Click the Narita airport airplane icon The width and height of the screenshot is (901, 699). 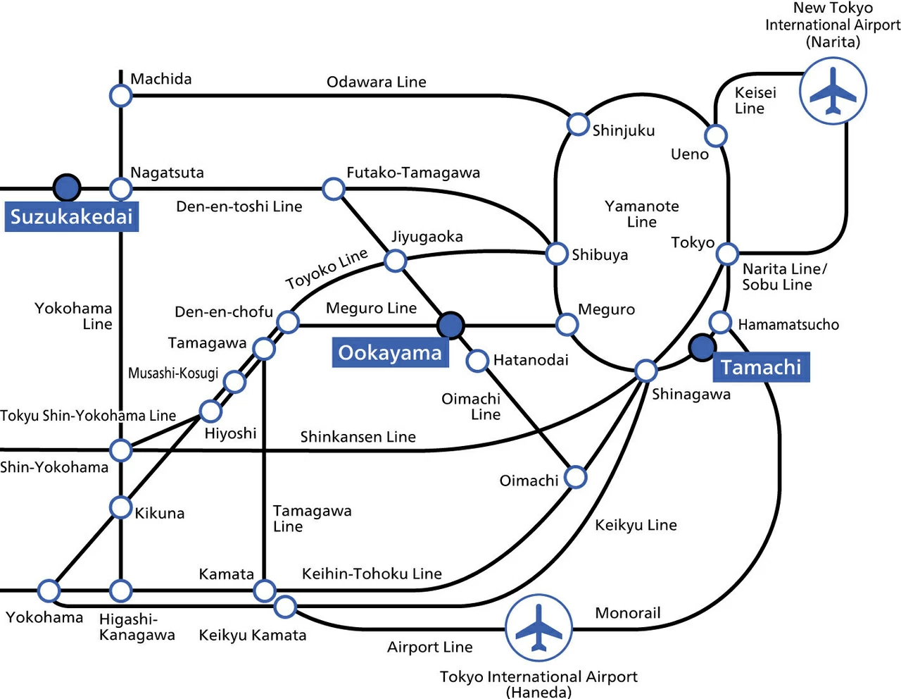[x=833, y=91]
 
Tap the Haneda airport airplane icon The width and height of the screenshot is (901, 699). [x=538, y=628]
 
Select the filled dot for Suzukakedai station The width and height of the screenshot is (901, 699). [x=67, y=187]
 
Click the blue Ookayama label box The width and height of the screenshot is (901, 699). [x=390, y=352]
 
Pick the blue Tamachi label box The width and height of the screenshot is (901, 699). [x=761, y=367]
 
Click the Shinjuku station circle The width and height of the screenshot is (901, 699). [x=578, y=124]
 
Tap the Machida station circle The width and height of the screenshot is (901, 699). [x=120, y=96]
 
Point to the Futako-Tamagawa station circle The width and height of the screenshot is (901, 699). [x=334, y=189]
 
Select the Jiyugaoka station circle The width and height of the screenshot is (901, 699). [x=395, y=261]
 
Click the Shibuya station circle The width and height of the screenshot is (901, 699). [x=557, y=254]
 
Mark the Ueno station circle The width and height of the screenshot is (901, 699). [x=716, y=135]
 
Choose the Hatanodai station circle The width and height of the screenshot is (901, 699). [x=477, y=360]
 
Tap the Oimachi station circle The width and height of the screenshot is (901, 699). [x=576, y=477]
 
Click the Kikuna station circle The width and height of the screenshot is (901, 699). [x=120, y=507]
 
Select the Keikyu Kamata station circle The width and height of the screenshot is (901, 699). [x=285, y=607]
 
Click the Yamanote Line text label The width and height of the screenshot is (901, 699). [x=641, y=214]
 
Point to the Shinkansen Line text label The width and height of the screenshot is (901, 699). [x=358, y=437]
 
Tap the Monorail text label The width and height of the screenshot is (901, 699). [x=628, y=612]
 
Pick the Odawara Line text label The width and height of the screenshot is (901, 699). [x=376, y=82]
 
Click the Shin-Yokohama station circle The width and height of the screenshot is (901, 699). [x=120, y=450]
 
